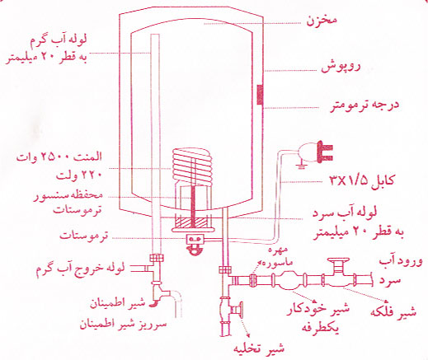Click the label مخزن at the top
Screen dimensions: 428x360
point(322,21)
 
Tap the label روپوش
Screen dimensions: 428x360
point(341,68)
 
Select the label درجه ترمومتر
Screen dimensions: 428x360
point(365,105)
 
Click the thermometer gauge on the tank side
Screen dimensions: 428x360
point(260,95)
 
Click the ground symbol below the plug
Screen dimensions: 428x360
point(301,165)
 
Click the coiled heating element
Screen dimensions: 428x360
point(192,167)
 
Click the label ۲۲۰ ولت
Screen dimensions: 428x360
point(79,175)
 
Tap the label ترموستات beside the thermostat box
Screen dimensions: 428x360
point(84,236)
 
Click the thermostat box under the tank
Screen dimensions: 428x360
point(195,240)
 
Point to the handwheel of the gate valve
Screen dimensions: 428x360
point(338,259)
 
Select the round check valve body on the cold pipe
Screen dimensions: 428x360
point(287,280)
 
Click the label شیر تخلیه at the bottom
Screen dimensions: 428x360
point(259,348)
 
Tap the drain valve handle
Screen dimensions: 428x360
point(242,310)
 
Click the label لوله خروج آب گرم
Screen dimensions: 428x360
point(80,269)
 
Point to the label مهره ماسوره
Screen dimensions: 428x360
point(275,256)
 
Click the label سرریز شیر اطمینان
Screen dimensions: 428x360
point(123,325)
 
